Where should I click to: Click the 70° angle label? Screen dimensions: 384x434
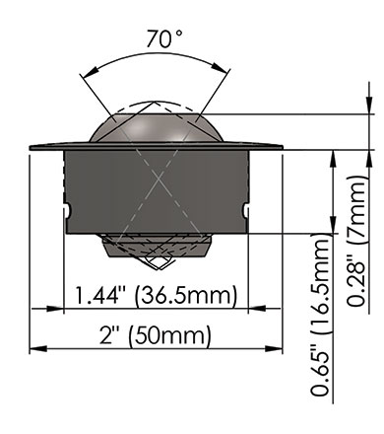tap(163, 38)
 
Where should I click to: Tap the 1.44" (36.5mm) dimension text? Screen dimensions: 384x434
tap(156, 295)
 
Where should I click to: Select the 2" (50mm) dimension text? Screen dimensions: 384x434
tap(155, 335)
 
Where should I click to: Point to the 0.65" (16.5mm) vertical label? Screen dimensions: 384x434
tap(320, 315)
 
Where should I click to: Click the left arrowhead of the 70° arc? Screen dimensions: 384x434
tap(91, 73)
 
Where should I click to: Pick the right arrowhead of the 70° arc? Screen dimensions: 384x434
tap(220, 67)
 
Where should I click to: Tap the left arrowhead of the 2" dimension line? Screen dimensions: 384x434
tap(38, 348)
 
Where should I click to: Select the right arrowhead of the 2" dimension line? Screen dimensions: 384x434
tap(274, 348)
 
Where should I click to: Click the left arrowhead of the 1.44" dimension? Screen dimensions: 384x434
tap(54, 309)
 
